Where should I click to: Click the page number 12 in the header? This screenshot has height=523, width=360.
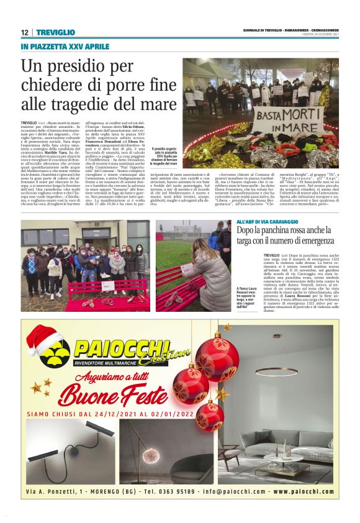coord(24,32)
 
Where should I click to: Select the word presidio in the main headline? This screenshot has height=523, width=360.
coord(80,66)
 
